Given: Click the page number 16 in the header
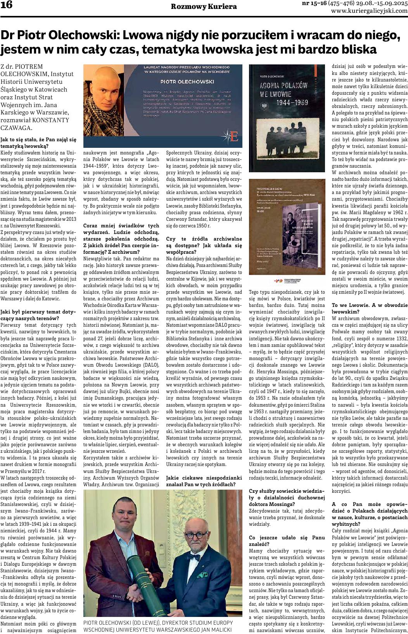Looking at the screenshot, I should [7, 5].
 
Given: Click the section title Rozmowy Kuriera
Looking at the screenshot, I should [204, 7].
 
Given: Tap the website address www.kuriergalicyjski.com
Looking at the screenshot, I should [370, 11].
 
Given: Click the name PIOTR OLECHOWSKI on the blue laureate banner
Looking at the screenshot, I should [187, 82].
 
